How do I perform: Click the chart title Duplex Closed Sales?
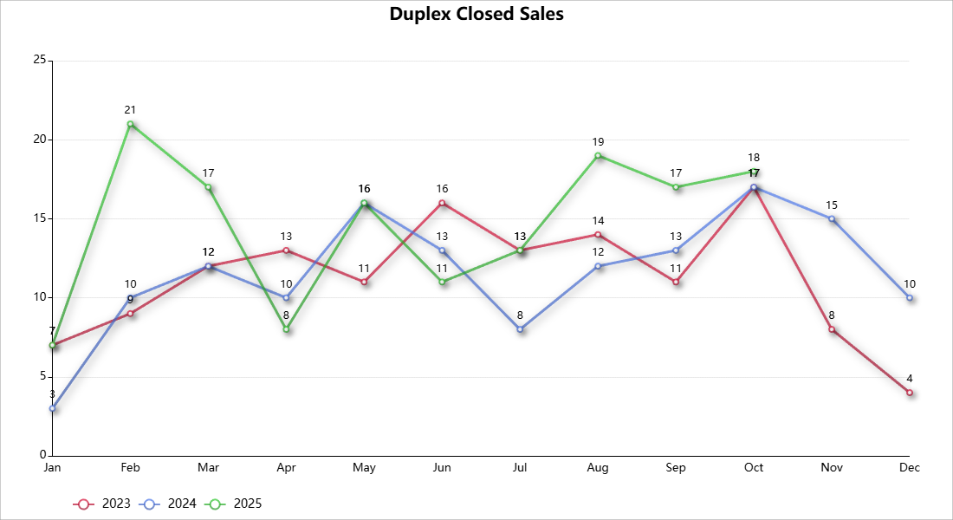476,14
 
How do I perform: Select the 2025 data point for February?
131,124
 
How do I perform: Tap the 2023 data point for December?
910,393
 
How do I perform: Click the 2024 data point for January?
53,408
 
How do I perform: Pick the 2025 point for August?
599,156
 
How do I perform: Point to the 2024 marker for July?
521,329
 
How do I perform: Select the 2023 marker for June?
443,203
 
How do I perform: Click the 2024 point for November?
832,218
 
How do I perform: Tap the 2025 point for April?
287,329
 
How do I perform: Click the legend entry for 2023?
103,504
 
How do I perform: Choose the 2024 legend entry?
169,504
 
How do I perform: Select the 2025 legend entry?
235,504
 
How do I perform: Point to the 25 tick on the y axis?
39,60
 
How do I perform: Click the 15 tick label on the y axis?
39,218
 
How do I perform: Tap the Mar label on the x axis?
208,468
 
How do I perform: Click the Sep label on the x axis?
676,468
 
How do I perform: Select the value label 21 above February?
131,110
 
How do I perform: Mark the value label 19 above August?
599,141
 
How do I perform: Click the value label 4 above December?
910,379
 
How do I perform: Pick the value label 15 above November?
832,205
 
